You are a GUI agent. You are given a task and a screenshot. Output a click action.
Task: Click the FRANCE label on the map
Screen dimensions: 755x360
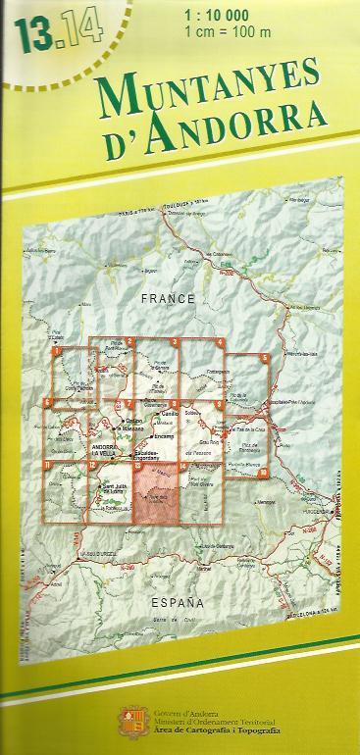pos(169,297)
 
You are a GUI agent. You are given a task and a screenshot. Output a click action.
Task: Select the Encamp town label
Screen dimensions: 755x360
pos(164,433)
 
